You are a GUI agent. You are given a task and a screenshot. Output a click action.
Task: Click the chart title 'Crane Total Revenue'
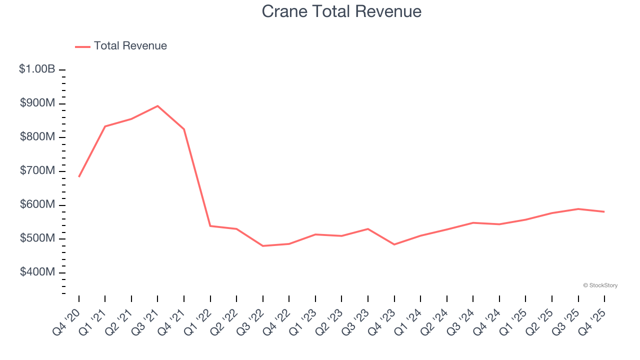341,11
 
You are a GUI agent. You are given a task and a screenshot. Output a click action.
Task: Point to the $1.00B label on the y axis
37,69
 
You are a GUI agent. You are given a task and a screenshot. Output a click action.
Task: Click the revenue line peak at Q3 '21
157,106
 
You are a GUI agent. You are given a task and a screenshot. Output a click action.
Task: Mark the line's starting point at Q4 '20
79,176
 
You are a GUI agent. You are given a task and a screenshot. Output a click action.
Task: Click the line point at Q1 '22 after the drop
210,226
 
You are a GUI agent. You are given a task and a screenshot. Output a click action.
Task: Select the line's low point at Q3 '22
263,246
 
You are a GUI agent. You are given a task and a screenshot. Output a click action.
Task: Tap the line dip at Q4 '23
394,244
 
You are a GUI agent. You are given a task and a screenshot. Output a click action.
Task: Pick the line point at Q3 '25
578,209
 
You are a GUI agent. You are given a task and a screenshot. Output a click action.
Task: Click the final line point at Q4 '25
604,211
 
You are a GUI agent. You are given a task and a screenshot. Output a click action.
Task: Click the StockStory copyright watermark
600,285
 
